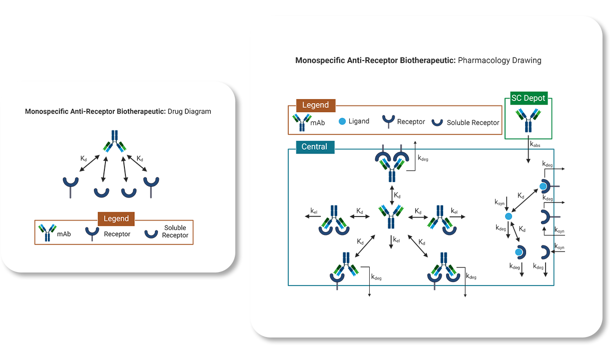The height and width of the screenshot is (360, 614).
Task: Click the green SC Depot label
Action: point(529,98)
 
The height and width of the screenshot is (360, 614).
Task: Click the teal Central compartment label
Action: point(315,147)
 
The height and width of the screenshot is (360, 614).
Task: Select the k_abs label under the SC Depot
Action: point(535,144)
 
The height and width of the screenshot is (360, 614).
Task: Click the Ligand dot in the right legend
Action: point(342,121)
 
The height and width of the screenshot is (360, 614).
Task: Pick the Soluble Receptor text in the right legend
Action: point(473,122)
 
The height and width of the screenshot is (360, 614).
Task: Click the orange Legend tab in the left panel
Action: point(116,219)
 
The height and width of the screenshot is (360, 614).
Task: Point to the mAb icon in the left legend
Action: point(47,233)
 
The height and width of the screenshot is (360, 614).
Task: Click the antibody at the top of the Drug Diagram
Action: point(115,141)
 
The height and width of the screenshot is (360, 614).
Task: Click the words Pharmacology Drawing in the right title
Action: point(500,60)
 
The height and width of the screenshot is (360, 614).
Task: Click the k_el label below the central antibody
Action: point(396,240)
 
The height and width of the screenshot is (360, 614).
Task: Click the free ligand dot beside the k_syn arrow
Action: point(509,216)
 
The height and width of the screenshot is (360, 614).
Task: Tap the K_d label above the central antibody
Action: point(397,194)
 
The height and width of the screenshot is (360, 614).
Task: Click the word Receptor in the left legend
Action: point(117,234)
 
